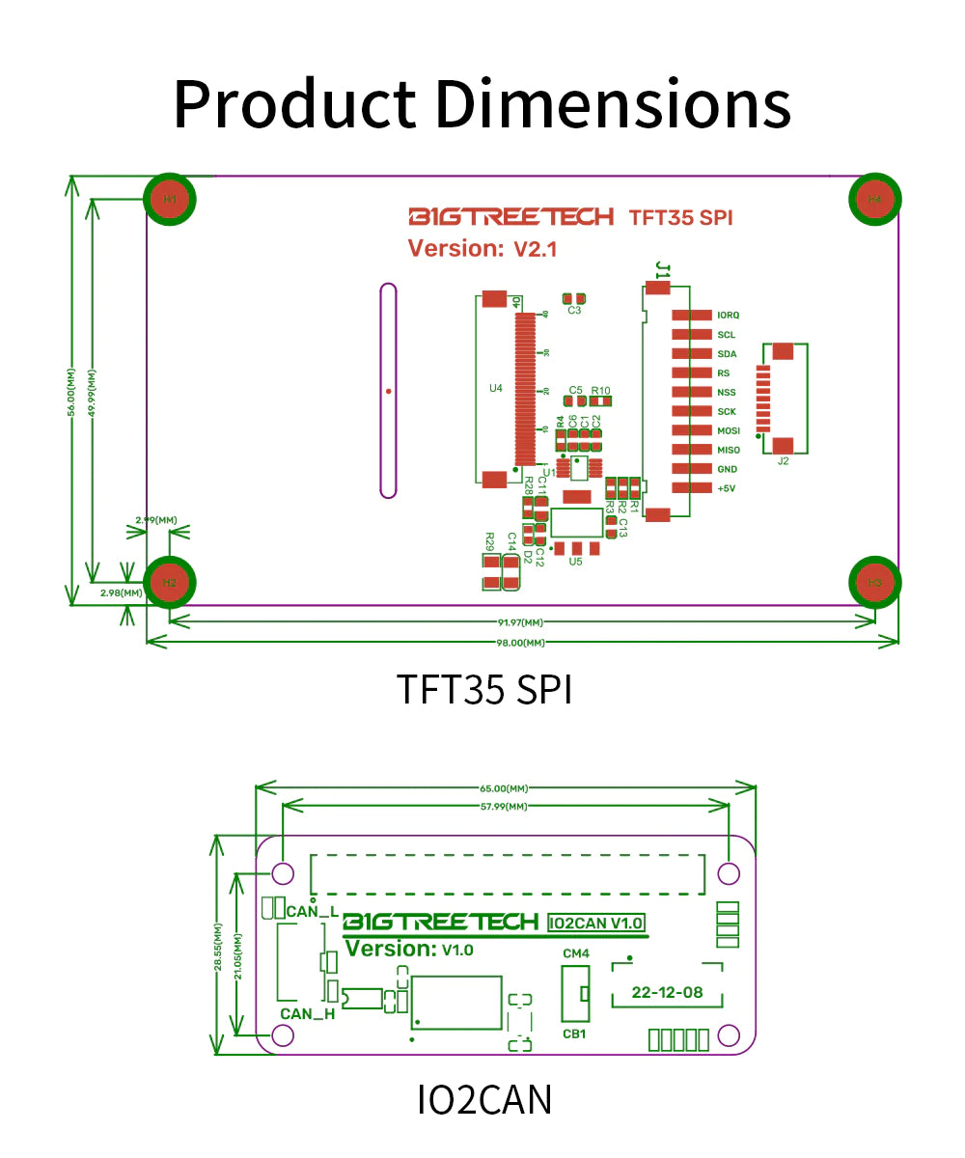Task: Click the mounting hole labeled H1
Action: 170,200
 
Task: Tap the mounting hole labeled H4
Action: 874,200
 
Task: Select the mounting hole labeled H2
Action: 170,582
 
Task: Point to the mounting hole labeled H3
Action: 874,582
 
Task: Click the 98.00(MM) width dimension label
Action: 521,643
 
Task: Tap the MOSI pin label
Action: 728,430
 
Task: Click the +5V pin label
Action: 727,488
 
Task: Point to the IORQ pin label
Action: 728,316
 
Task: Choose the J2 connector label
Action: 783,461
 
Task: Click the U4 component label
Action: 496,388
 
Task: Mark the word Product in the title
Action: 294,103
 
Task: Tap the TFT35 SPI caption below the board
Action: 483,690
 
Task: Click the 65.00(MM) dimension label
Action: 505,788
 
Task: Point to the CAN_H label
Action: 308,1013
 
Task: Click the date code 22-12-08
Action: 668,992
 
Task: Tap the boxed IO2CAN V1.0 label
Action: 595,924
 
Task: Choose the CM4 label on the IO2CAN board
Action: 575,953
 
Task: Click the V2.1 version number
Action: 535,249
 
